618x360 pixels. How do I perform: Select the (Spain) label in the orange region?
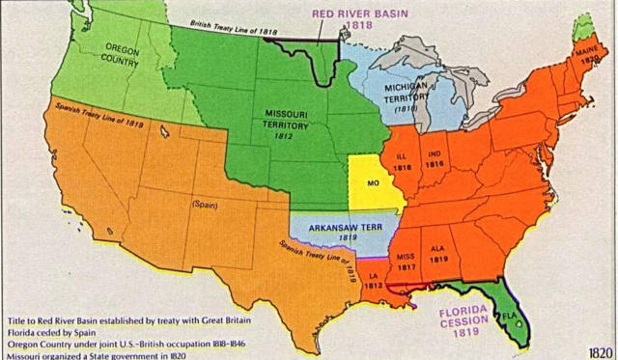tap(205, 205)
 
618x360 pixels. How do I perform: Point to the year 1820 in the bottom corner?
tap(598, 350)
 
